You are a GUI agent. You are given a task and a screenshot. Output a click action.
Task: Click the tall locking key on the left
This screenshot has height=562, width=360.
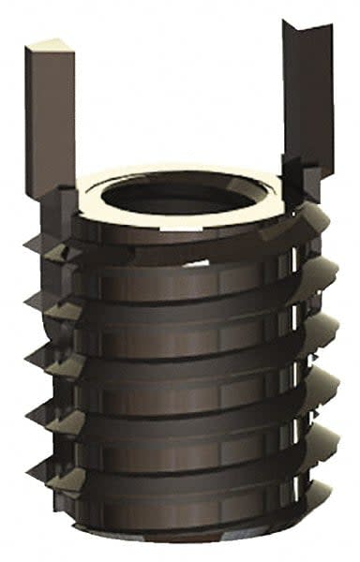point(50,122)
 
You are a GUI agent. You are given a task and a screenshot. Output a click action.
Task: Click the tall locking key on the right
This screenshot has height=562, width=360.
point(307,103)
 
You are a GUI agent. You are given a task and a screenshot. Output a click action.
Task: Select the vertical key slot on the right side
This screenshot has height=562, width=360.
point(298,375)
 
